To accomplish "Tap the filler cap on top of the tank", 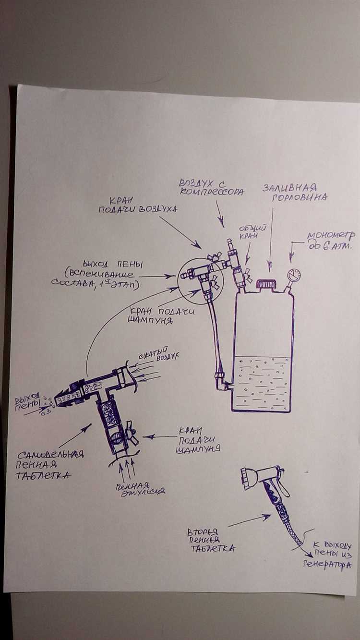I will click(x=265, y=284).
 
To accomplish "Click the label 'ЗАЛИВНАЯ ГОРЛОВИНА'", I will click(x=294, y=192).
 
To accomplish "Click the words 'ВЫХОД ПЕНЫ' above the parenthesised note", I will click(x=113, y=265).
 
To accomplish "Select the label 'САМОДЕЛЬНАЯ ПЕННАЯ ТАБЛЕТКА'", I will click(x=51, y=465).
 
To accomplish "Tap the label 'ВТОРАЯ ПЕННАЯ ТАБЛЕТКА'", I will click(x=211, y=539).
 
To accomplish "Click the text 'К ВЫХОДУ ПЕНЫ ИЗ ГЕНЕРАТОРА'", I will click(x=330, y=555).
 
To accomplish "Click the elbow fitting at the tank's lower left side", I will click(x=221, y=382).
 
